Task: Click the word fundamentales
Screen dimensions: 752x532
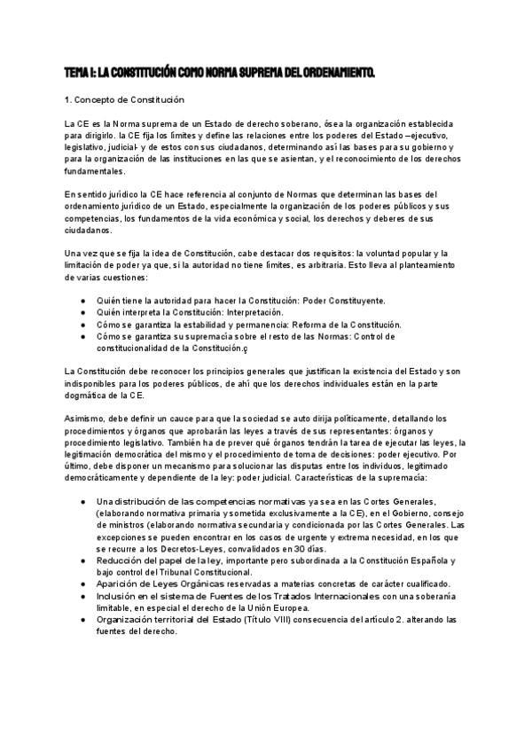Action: [x=96, y=171]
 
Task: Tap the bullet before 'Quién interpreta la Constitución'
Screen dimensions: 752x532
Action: [x=82, y=313]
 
